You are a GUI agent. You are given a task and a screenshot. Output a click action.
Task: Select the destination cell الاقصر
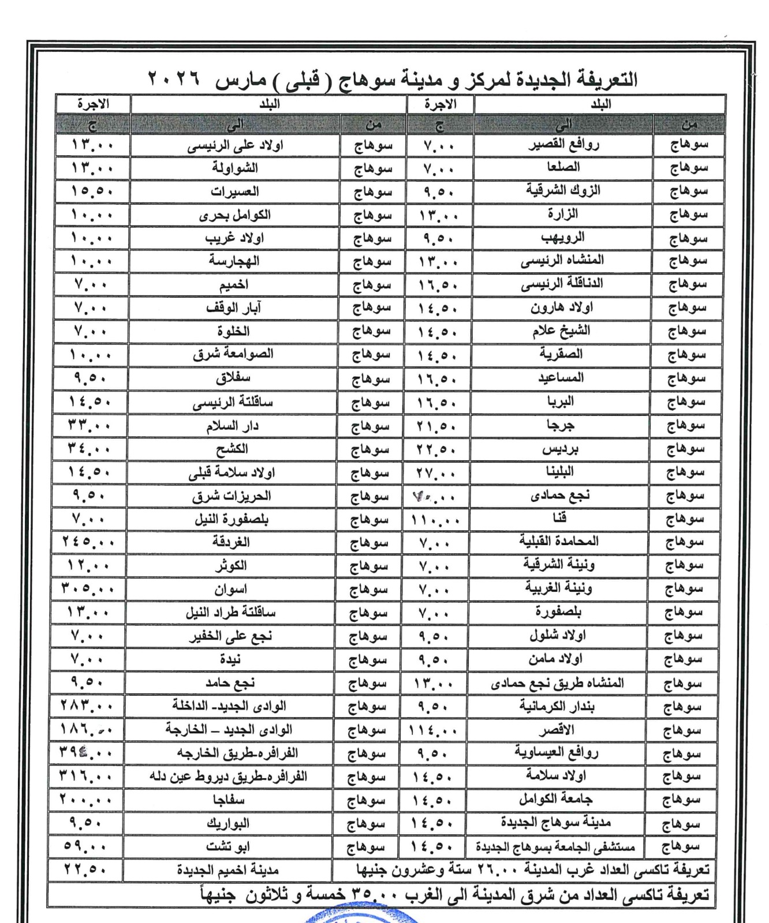(557, 730)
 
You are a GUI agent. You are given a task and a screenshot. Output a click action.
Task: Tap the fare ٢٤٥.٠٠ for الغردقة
(88, 543)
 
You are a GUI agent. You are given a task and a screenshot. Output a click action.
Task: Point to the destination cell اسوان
(230, 590)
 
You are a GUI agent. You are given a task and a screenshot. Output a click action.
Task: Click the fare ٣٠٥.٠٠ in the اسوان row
(88, 590)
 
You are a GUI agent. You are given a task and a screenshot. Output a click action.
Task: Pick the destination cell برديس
(561, 449)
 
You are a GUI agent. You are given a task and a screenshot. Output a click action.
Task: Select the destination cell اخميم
(233, 285)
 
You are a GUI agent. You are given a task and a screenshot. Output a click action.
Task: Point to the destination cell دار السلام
(232, 426)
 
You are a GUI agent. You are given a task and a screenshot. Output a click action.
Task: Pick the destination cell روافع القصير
(563, 145)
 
